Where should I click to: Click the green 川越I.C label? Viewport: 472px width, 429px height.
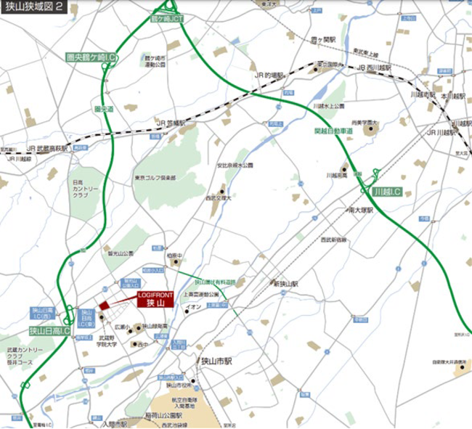pos(386,192)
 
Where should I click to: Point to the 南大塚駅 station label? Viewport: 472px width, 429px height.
pos(359,210)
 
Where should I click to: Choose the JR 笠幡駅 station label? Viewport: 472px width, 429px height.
pos(172,123)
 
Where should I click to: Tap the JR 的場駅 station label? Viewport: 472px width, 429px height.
pos(272,75)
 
